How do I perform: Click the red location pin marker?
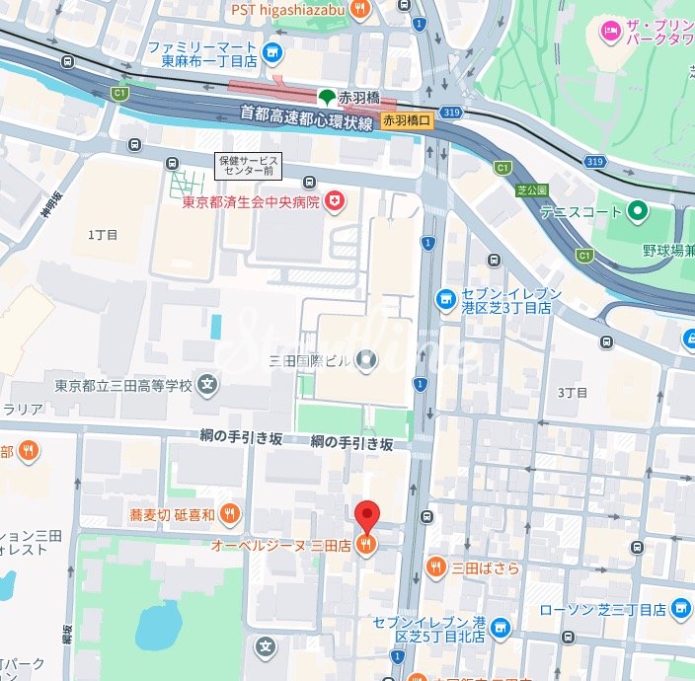pyautogui.click(x=367, y=515)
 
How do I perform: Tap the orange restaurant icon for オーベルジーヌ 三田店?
pyautogui.click(x=366, y=545)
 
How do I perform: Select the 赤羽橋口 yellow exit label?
pyautogui.click(x=408, y=120)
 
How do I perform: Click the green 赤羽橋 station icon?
pyautogui.click(x=325, y=97)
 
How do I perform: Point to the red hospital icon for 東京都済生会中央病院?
pyautogui.click(x=337, y=201)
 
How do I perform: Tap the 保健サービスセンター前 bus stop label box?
pyautogui.click(x=249, y=166)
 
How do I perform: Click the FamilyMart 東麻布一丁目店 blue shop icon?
pyautogui.click(x=272, y=53)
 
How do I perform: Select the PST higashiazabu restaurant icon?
pyautogui.click(x=360, y=9)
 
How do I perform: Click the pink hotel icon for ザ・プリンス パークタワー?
pyautogui.click(x=612, y=33)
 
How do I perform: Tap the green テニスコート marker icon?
pyautogui.click(x=638, y=211)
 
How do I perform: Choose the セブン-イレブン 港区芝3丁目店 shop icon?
pyautogui.click(x=446, y=297)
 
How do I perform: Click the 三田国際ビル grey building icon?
pyautogui.click(x=366, y=360)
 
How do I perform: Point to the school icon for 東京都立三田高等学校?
pyautogui.click(x=208, y=385)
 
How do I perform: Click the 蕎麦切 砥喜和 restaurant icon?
pyautogui.click(x=229, y=513)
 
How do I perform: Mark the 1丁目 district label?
pyautogui.click(x=103, y=235)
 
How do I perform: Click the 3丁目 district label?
pyautogui.click(x=573, y=392)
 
